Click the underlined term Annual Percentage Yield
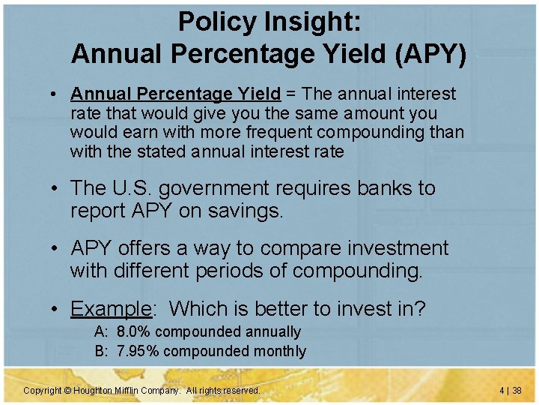[175, 94]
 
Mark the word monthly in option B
[280, 351]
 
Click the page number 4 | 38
[511, 391]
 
